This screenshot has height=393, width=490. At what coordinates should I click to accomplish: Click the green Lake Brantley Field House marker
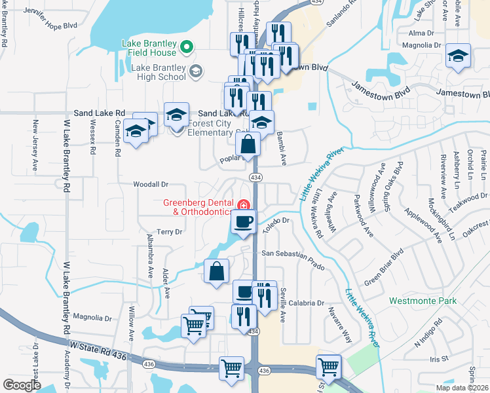pos(185,48)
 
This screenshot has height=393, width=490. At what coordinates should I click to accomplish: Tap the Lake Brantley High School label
pos(159,72)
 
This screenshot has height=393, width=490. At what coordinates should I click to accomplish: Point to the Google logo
pos(22,385)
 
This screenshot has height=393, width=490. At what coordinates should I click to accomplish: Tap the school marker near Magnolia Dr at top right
pos(458,56)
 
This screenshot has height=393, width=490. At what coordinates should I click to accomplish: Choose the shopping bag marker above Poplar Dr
pos(248,144)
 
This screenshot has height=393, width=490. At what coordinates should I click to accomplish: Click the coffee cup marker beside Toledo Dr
pos(243,222)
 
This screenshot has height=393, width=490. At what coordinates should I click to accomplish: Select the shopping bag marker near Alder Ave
pos(216,271)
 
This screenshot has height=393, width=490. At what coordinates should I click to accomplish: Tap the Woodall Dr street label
pos(151,185)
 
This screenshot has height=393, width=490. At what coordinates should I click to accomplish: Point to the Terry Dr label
pos(168,232)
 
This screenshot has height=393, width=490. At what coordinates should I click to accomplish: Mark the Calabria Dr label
pos(307,303)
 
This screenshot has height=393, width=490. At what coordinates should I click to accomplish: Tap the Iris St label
pos(438,359)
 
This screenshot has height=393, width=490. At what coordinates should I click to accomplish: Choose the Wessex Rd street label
pos(92,140)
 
